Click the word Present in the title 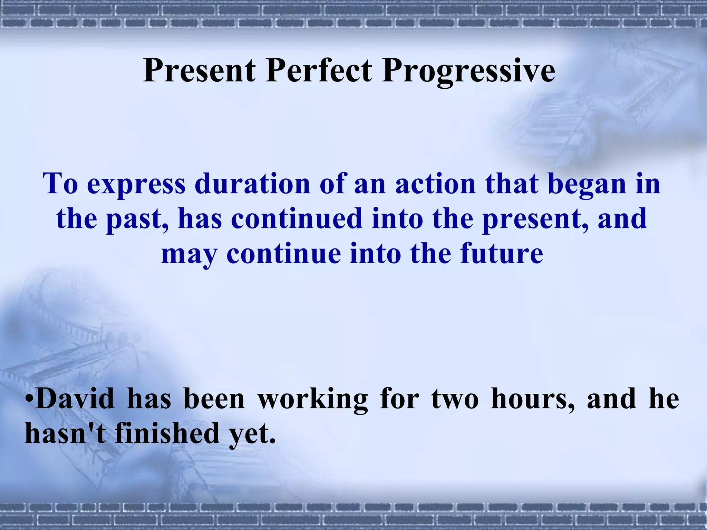[199, 70]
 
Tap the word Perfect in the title [319, 70]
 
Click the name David [75, 399]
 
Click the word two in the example [455, 399]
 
